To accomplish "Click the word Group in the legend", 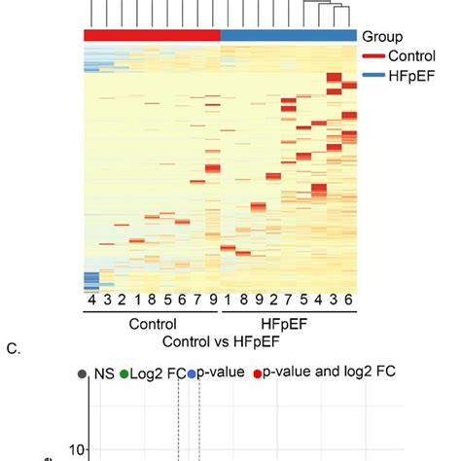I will click(x=383, y=35).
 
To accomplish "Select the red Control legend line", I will click(x=374, y=55).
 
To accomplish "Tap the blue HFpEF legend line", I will click(x=374, y=75).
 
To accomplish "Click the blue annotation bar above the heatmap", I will click(x=289, y=35).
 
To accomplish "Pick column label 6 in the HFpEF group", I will click(x=349, y=301).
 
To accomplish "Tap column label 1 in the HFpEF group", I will click(x=229, y=301).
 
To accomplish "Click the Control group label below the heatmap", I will click(x=152, y=324).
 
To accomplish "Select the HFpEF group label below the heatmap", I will click(x=289, y=324).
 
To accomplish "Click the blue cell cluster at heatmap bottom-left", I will click(x=91, y=281).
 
